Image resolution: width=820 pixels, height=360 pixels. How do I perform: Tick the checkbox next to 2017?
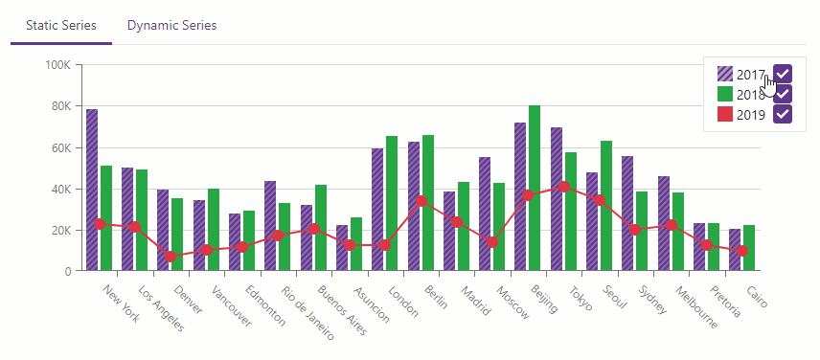[783, 74]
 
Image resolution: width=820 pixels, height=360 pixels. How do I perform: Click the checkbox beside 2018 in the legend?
[783, 94]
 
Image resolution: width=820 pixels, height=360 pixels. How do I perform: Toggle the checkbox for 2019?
[783, 114]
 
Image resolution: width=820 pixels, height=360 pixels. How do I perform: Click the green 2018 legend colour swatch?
[725, 94]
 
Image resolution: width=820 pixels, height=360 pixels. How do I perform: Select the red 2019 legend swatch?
[725, 114]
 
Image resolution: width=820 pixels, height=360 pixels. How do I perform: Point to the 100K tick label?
[58, 65]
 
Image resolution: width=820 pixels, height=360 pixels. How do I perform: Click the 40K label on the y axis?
[60, 189]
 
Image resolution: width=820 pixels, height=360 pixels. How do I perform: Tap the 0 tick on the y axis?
[68, 271]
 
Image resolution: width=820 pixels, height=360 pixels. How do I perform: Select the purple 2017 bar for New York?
[92, 191]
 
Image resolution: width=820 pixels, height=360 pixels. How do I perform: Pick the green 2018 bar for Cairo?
[749, 248]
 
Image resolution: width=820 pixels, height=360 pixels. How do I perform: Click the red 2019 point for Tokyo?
[564, 187]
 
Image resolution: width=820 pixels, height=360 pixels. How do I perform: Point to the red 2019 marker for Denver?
[171, 257]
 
